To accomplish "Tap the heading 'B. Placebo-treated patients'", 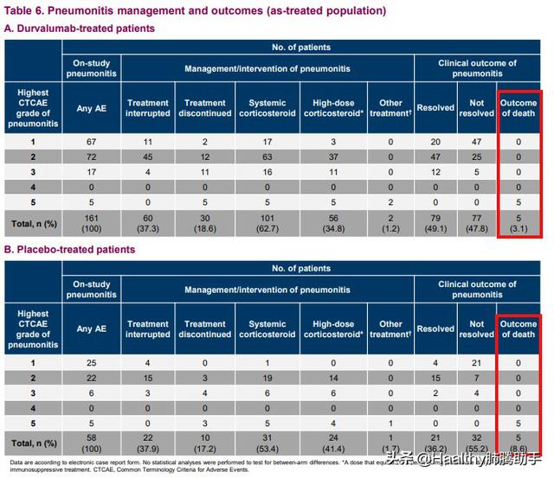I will pos(70,250).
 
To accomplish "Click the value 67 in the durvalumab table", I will pos(91,140).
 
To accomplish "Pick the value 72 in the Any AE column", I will pos(91,156).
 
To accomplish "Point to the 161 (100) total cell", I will pos(91,223).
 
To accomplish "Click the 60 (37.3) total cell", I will pos(148,223).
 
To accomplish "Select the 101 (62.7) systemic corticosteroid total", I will pos(267,223).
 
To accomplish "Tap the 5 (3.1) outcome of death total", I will pos(519,223).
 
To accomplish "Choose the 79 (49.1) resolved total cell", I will pos(435,223).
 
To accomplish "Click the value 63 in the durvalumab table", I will pos(267,156).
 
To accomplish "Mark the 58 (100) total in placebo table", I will pos(91,443).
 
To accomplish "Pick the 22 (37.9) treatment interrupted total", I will pos(148,443).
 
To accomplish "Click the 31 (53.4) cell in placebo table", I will pos(267,443).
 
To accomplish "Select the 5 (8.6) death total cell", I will pos(519,443).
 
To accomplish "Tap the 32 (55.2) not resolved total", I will pos(477,443).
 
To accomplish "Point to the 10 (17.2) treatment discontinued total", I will pos(205,443).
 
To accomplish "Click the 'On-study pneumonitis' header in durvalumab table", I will pos(91,68).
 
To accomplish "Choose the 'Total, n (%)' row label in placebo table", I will pos(33,443).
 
